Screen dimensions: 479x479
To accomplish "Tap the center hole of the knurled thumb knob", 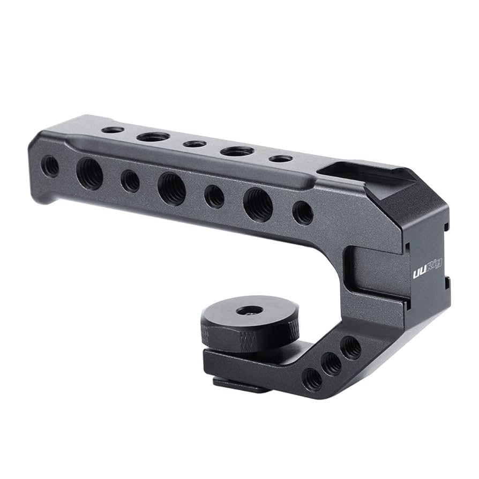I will coord(250,310).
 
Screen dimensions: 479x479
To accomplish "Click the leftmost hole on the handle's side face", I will coord(50,166).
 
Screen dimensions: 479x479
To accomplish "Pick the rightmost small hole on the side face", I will coord(303,212).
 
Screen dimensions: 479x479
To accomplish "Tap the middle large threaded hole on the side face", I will coord(171,189).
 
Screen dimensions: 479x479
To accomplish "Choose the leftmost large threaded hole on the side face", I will coord(89,173).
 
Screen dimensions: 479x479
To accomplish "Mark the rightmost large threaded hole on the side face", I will coord(258,204).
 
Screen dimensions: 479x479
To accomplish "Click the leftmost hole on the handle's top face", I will coord(112,130).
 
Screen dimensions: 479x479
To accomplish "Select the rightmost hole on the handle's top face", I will coord(281,159).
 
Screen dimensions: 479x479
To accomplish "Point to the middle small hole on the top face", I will coord(194,144).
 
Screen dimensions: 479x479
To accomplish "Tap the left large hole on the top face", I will coord(153,137).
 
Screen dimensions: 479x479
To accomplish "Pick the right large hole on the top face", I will coord(237,151).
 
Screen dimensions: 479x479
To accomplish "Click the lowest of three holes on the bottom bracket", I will coord(312,379).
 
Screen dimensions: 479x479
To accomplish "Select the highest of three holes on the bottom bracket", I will coord(351,348).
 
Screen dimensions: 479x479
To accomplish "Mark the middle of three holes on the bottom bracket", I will coord(332,364).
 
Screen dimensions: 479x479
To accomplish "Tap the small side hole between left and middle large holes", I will coord(130,181).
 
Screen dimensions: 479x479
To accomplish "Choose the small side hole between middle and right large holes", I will coord(214,196).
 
